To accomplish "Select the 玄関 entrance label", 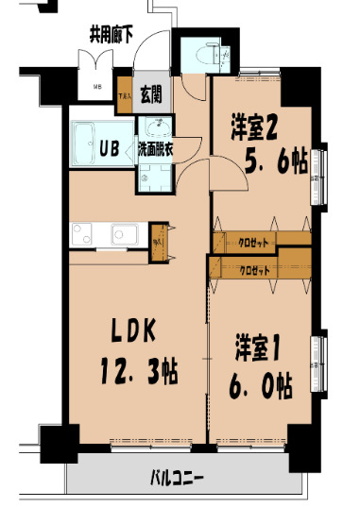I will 151,93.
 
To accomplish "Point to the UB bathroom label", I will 111,147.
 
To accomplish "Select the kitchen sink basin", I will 123,233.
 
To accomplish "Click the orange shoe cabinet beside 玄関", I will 124,93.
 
